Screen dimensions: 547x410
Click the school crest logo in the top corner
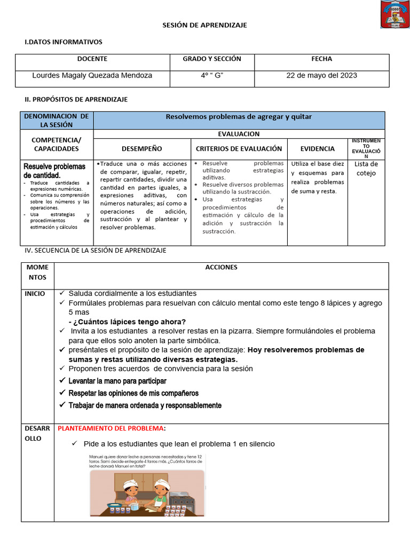(395, 15)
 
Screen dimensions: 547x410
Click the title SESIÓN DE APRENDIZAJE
(205, 25)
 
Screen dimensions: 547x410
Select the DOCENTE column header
(92, 59)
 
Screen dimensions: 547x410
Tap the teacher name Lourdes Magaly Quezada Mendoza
(92, 75)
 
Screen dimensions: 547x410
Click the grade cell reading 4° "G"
(211, 75)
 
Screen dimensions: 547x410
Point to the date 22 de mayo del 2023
(321, 75)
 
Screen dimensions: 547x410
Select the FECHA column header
(321, 59)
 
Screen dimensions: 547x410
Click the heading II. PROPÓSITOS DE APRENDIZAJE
(76, 99)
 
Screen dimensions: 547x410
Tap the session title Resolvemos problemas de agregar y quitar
(239, 116)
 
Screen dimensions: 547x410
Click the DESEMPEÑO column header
(141, 149)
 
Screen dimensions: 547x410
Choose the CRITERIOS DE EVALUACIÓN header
(239, 149)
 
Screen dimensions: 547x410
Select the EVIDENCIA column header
(317, 149)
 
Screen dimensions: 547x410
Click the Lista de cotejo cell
(366, 168)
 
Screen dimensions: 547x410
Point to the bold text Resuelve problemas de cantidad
(54, 171)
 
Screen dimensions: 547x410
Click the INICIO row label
(35, 294)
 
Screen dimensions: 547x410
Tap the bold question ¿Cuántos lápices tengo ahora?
(127, 322)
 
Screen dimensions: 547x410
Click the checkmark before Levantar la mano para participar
(62, 381)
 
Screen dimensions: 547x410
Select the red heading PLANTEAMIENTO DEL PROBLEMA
(111, 428)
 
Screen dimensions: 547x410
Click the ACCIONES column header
(221, 267)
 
